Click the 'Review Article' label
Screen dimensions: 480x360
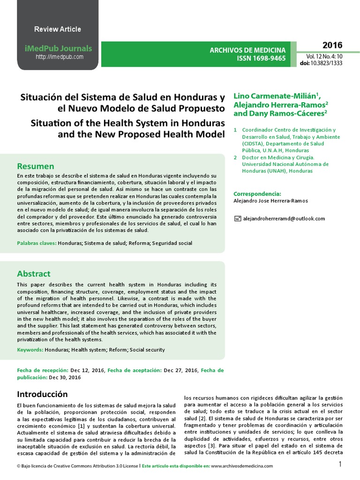click(58, 29)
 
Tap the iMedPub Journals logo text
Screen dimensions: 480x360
click(58, 49)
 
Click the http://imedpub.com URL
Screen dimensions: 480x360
click(60, 57)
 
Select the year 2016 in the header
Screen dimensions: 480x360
click(332, 45)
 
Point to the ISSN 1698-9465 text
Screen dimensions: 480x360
click(261, 58)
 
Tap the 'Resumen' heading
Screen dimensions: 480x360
click(36, 166)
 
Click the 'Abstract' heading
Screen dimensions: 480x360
click(34, 274)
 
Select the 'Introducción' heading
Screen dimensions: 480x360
click(43, 394)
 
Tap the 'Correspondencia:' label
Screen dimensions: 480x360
click(257, 194)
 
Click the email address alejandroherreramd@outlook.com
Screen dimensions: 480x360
click(284, 218)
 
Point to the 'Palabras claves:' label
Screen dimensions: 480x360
click(37, 243)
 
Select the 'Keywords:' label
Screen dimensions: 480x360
click(30, 350)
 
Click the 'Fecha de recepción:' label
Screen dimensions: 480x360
click(43, 370)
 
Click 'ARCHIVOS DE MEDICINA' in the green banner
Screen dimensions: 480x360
click(247, 50)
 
